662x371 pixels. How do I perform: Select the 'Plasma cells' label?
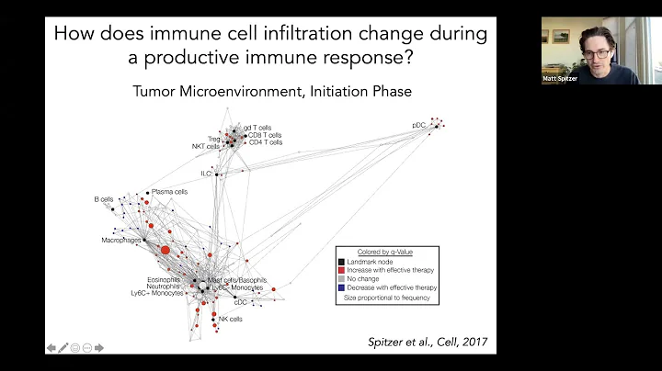tap(169, 192)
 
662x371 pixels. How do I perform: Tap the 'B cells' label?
tap(103, 198)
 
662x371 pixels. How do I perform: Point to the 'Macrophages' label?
tap(120, 240)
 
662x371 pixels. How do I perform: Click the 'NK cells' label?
tap(230, 320)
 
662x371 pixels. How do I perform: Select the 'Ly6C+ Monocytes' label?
tap(156, 294)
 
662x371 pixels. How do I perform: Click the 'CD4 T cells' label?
tap(265, 142)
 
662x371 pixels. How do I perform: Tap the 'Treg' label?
tap(213, 140)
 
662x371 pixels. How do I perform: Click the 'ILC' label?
tap(207, 173)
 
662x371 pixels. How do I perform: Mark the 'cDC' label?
tap(242, 301)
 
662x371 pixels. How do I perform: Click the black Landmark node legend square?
tap(341, 261)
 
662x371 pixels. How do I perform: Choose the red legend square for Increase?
tap(341, 270)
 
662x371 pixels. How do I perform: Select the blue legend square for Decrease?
tap(341, 287)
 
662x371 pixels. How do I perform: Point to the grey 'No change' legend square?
tap(341, 278)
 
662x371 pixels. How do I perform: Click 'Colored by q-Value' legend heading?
tap(385, 252)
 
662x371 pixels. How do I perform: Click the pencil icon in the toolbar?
tap(63, 348)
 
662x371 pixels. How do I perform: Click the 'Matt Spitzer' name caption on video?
tap(562, 78)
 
